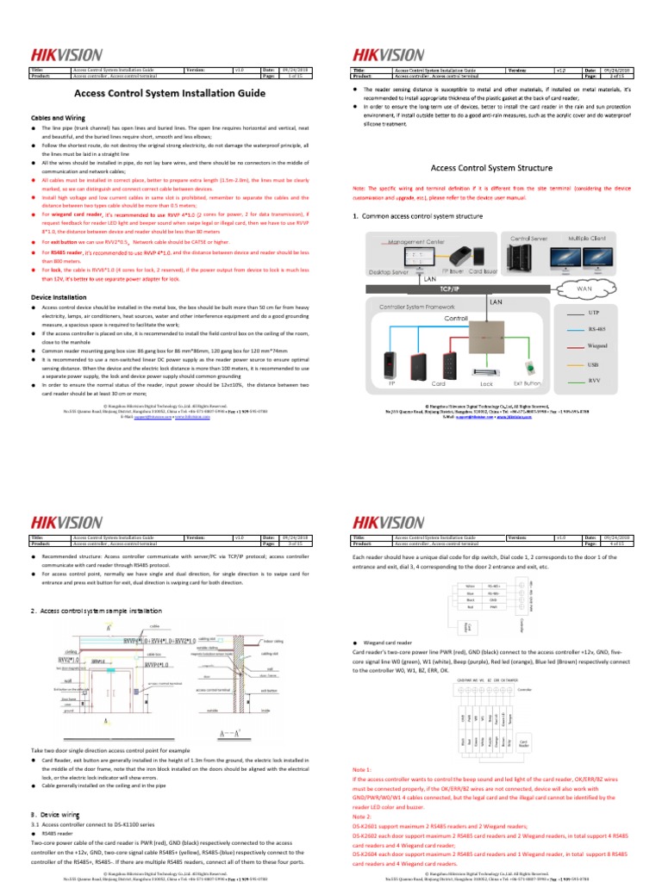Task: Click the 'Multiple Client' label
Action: click(587, 237)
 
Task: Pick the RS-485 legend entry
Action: click(597, 329)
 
